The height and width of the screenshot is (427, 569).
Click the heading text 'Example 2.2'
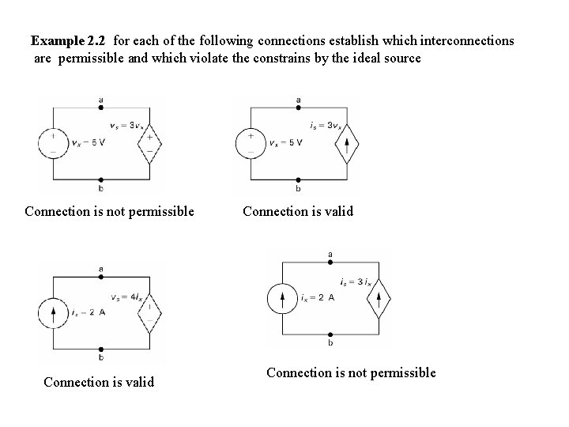(x=70, y=40)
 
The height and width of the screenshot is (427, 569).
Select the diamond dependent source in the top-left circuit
(x=149, y=143)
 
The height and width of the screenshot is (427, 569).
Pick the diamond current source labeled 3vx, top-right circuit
(x=346, y=143)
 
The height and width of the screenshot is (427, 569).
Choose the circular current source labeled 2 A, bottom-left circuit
(x=53, y=312)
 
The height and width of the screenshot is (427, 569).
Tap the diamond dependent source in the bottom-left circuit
(x=149, y=312)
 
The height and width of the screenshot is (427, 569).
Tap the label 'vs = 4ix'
(x=126, y=296)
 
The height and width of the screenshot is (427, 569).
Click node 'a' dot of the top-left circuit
(x=100, y=108)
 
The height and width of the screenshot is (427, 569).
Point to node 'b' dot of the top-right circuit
(x=298, y=179)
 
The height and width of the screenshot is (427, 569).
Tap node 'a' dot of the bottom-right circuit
(x=330, y=263)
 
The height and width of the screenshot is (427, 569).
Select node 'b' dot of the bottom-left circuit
(x=100, y=348)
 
